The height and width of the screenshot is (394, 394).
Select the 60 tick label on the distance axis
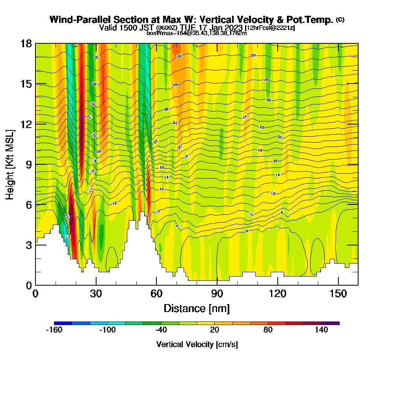[x=156, y=294]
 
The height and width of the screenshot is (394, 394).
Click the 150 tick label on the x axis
[x=338, y=294]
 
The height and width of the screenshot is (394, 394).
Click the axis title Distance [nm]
[x=197, y=308]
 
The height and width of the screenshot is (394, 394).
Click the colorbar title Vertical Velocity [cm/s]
[x=197, y=344]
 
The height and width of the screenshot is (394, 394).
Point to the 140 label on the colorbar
[x=322, y=330]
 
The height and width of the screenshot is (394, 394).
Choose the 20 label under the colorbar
[x=214, y=330]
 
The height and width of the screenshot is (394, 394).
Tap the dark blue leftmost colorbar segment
[x=63, y=323]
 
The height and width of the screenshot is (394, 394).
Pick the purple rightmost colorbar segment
[x=330, y=323]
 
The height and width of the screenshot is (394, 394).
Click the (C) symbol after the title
[x=340, y=20]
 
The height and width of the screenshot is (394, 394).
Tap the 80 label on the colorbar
[x=268, y=330]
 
